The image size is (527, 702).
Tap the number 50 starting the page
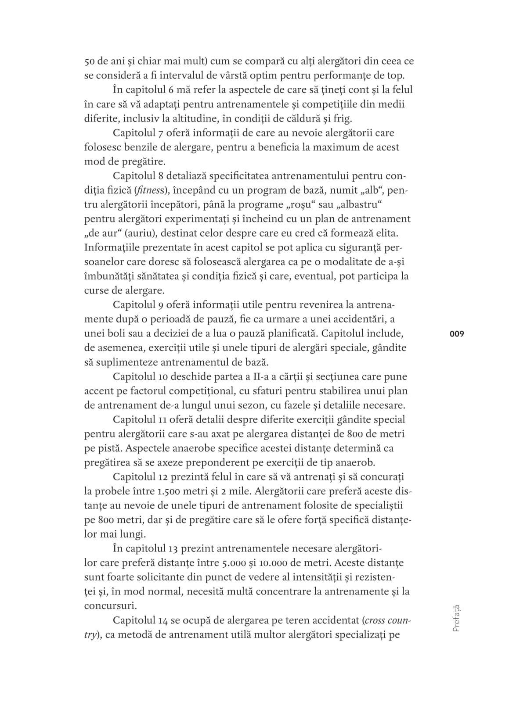click(x=90, y=61)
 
